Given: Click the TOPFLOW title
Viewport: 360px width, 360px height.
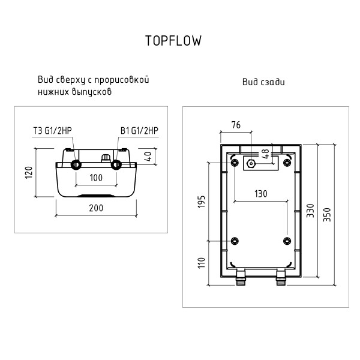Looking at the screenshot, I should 173,40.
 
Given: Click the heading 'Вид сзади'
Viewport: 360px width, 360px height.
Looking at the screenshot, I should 263,82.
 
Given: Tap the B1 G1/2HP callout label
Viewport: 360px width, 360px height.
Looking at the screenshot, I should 139,131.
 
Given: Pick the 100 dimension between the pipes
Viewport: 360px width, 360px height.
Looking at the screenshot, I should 96,178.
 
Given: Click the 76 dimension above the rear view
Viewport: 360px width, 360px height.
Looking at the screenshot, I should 235,125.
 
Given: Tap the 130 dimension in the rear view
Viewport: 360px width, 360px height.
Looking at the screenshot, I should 260,194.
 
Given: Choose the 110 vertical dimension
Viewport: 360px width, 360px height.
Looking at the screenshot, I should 202,262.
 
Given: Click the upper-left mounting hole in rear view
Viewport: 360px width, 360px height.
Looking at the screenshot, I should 234,163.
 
